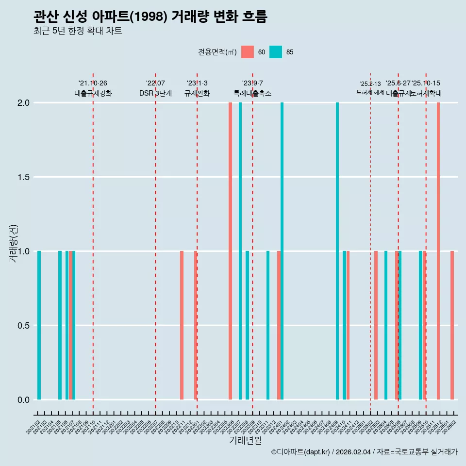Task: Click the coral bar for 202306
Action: click(230, 251)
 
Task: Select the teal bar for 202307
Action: click(240, 251)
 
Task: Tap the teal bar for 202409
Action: click(337, 251)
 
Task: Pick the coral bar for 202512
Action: click(438, 251)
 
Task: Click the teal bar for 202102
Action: click(39, 325)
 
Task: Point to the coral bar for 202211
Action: click(182, 325)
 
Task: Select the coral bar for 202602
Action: click(452, 325)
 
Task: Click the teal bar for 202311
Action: click(268, 325)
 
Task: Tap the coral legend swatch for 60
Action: click(248, 52)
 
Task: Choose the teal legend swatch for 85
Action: click(276, 52)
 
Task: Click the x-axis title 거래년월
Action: click(245, 441)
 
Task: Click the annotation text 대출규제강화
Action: click(93, 93)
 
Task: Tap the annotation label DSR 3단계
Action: click(155, 93)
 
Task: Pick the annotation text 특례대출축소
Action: click(252, 93)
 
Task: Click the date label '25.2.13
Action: click(370, 84)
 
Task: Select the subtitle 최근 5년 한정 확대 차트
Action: click(78, 31)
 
